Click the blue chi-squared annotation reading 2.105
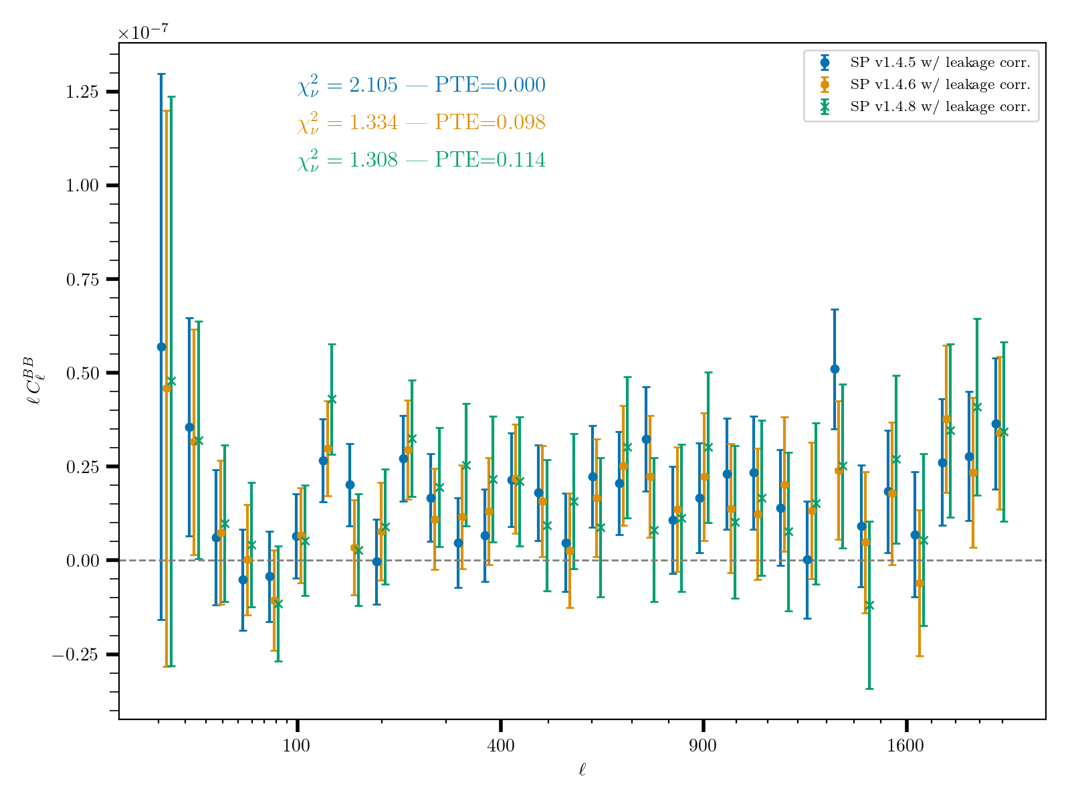pos(421,85)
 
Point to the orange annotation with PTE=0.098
pos(421,122)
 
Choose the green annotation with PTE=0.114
pos(421,160)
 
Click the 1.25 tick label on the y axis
pos(82,92)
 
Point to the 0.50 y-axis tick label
pos(82,373)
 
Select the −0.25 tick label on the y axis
pos(76,654)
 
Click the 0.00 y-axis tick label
pos(82,561)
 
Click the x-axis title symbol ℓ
pos(582,770)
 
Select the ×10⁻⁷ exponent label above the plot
pos(143,32)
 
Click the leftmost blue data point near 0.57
pos(161,347)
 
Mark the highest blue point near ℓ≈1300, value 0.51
pos(835,369)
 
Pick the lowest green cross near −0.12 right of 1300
pos(869,606)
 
